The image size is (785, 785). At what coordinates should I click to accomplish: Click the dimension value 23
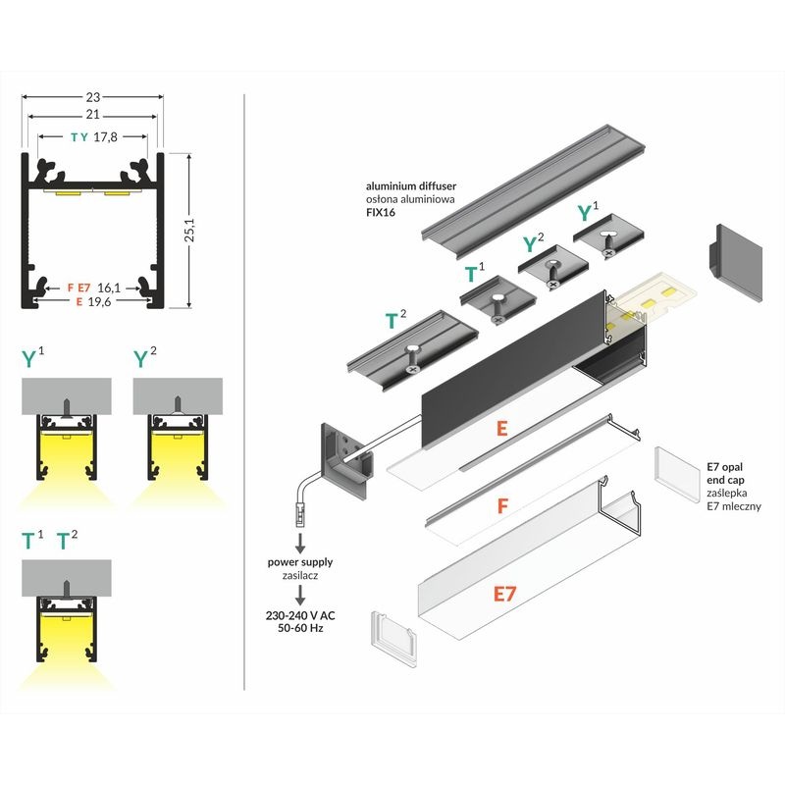coord(93,97)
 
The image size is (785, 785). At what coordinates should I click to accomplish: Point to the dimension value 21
coord(93,116)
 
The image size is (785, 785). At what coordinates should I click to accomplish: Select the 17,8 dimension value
coord(106,137)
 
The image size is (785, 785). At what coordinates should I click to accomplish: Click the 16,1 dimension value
coord(110,288)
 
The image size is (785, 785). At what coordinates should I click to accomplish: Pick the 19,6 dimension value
coord(110,301)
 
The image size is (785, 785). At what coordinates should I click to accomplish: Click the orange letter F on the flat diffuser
coord(501,507)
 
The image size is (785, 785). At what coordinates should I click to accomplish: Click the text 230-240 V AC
coord(300,618)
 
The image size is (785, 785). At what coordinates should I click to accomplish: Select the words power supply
coord(300,562)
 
